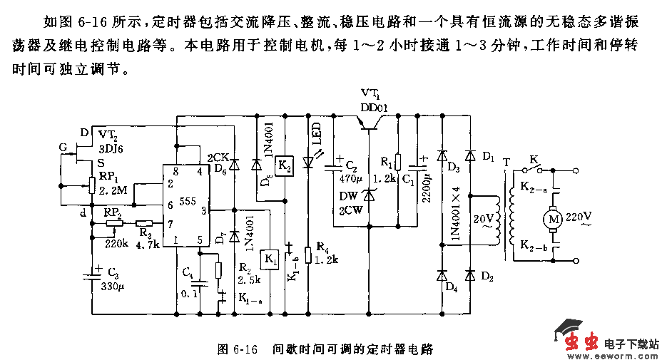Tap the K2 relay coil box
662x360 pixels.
(283, 165)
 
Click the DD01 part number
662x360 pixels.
(374, 108)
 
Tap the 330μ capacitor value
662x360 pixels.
(113, 287)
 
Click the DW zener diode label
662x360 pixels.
(348, 197)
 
